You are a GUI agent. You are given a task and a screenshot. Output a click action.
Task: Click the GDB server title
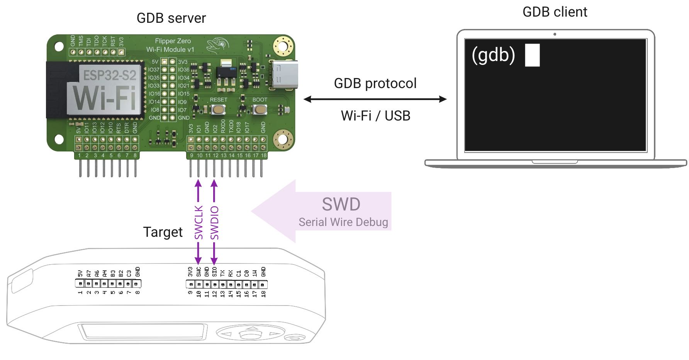coord(171,18)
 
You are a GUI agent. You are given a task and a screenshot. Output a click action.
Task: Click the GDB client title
coord(555,12)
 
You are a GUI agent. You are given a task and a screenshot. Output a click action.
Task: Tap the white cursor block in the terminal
coord(532,55)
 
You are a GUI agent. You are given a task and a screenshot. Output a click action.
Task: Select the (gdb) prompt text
coord(493,55)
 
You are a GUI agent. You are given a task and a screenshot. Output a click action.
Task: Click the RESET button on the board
coord(219,110)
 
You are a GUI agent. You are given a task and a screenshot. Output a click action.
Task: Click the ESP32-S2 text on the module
coord(110,75)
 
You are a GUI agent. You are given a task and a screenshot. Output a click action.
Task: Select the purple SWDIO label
coord(214,223)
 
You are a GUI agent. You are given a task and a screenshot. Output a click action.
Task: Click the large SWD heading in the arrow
coord(341,204)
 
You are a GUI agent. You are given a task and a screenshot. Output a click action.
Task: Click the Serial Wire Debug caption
coord(343,222)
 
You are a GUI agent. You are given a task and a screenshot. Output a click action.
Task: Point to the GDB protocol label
coord(375,83)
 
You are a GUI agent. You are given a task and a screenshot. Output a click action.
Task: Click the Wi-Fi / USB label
coord(375,115)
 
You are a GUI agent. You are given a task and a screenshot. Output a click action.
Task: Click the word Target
coord(163,232)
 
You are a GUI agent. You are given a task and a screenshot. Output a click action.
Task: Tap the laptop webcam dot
coord(555,34)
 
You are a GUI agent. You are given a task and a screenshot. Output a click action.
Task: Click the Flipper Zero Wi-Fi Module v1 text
coord(171,45)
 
